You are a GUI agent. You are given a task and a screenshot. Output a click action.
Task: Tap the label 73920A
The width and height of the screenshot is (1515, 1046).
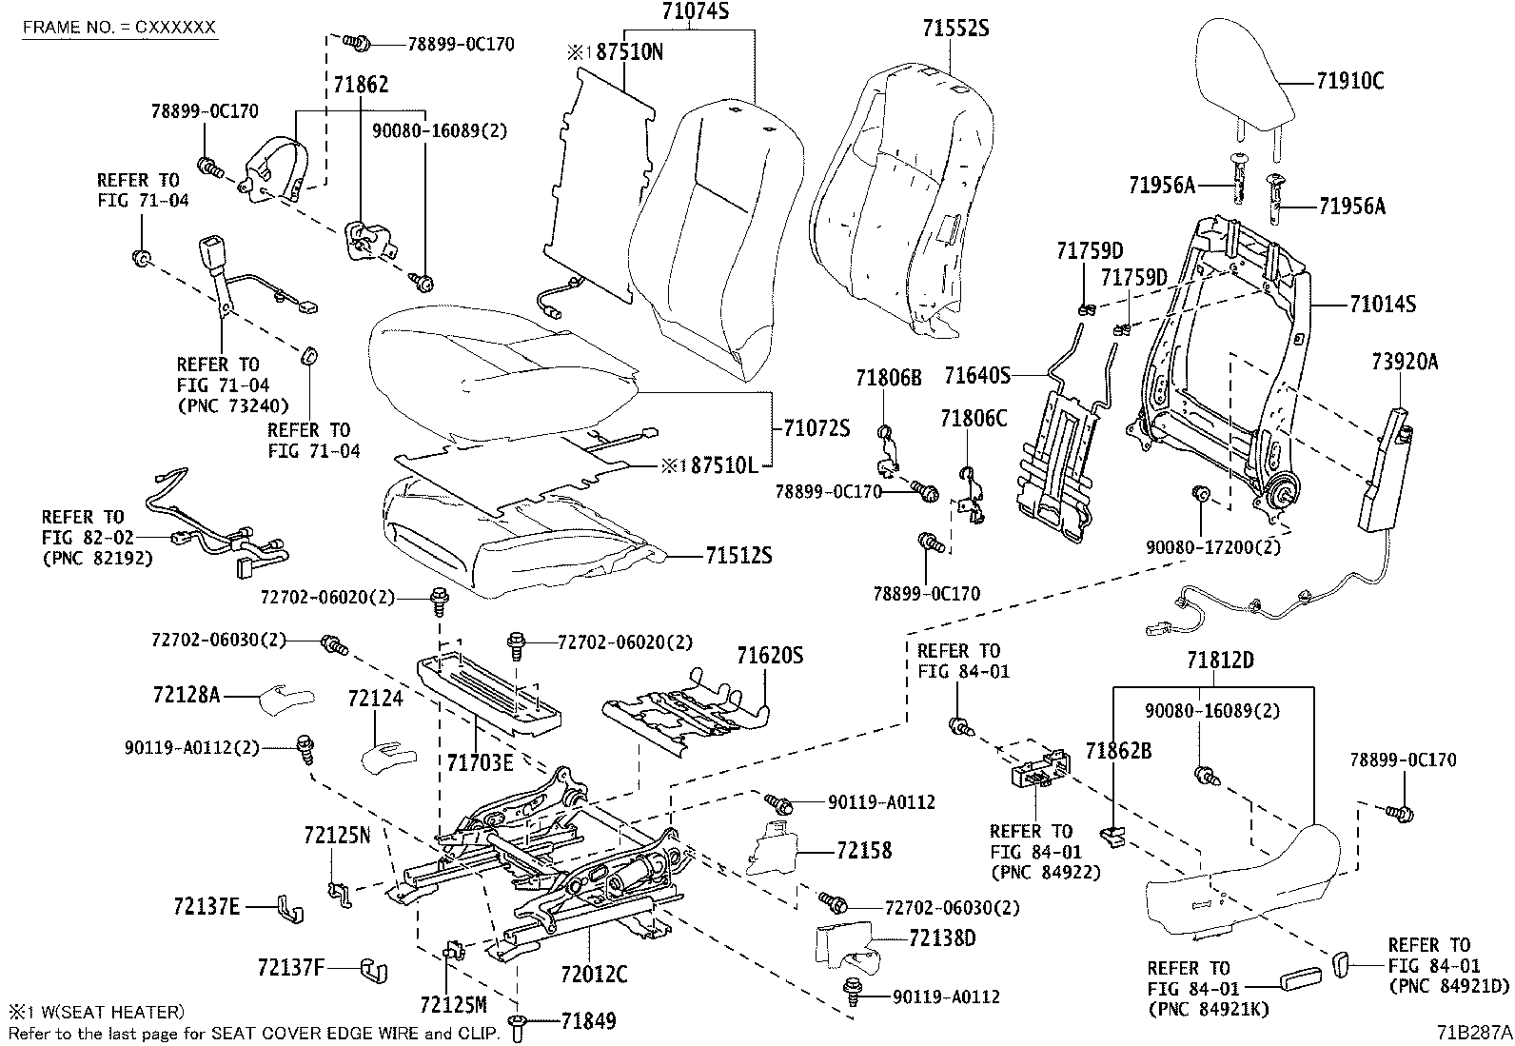point(1405,362)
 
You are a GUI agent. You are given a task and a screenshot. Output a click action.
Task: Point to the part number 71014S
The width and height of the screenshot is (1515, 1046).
point(1382,305)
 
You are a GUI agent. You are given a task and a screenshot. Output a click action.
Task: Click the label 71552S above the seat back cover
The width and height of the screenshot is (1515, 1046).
point(955,30)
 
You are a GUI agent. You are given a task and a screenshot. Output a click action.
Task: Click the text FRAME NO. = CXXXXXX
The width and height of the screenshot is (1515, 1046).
point(120,27)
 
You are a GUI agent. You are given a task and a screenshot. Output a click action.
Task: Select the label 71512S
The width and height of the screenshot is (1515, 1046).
point(738,556)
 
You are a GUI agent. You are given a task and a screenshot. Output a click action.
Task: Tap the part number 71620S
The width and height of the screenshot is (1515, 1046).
point(769,656)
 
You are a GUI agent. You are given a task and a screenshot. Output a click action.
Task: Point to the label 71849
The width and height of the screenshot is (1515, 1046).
point(588,1021)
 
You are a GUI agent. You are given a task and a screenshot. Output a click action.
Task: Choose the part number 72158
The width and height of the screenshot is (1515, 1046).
point(864,850)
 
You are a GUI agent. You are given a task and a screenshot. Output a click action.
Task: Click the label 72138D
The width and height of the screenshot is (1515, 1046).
point(942,938)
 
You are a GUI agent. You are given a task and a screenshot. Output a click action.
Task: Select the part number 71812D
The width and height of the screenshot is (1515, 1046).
point(1220,661)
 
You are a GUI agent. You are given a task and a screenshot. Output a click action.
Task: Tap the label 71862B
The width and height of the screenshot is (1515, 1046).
point(1118,751)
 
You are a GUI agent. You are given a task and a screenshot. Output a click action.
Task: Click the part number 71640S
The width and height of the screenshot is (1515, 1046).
point(976,376)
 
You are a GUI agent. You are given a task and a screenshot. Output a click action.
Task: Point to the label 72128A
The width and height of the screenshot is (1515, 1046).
point(186,696)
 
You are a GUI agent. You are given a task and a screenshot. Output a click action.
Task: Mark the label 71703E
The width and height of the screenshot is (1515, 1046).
point(481,761)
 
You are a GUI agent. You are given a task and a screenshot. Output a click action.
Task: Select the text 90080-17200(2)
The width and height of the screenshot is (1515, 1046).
point(1212,548)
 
